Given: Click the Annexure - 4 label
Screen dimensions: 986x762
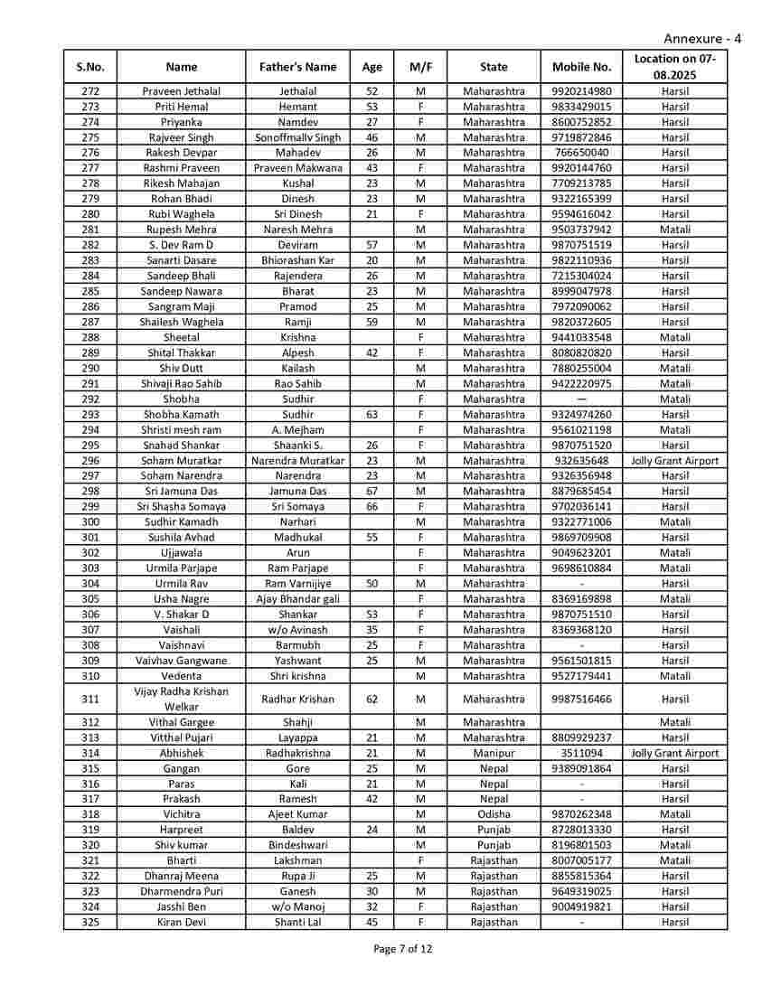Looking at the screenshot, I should point(702,38).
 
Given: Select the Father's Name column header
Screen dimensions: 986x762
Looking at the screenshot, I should point(297,67).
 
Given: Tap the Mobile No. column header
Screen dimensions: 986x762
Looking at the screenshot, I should point(581,67).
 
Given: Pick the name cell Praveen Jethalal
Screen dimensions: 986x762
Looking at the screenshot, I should point(181,91).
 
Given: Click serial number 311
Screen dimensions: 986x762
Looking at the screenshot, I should point(90,699).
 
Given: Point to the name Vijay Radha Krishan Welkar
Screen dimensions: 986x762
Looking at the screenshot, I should point(181,699).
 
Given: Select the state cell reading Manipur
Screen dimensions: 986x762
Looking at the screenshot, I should point(494,753).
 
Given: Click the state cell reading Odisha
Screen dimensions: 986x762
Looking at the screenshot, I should point(494,814).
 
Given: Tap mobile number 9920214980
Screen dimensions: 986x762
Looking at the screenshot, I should point(581,91).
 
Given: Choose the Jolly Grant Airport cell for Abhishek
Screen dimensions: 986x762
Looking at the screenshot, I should point(674,753).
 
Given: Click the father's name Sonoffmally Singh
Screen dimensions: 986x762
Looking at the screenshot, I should point(297,137).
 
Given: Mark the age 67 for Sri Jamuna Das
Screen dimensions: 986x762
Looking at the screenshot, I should point(372,491).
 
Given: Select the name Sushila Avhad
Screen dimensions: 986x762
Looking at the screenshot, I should point(181,537).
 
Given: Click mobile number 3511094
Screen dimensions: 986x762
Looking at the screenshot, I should point(581,753).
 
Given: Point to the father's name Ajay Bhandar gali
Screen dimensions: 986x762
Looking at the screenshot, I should point(297,599).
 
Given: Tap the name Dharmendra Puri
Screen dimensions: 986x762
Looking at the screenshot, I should point(181,891).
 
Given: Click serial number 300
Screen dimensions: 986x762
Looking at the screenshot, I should point(90,521).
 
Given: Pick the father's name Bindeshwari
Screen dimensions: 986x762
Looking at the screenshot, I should point(297,845).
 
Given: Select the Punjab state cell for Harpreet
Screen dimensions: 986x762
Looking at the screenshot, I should point(494,830).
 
